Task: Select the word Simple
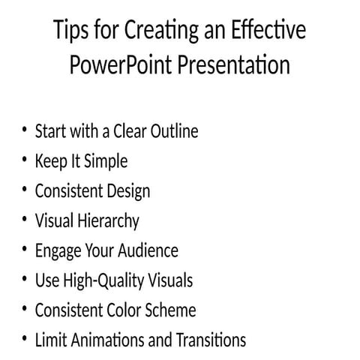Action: pos(106,161)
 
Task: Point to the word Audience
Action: pos(147,250)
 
